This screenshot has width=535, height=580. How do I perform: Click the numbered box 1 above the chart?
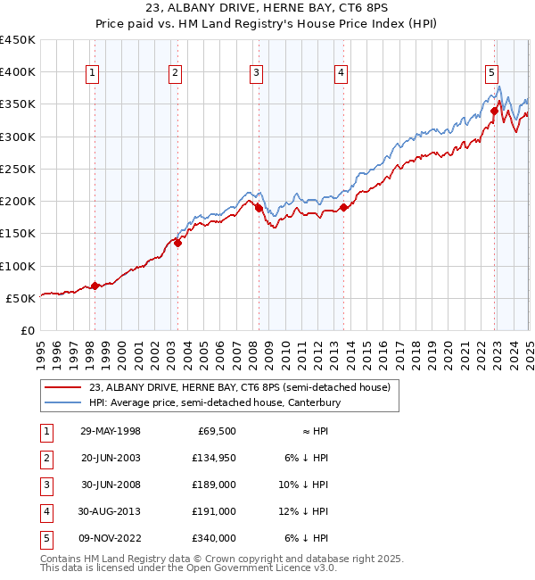coord(94,73)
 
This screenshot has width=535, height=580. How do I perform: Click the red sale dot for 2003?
coord(177,242)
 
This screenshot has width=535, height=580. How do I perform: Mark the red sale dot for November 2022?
coord(494,112)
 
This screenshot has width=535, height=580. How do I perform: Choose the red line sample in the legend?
coord(64,388)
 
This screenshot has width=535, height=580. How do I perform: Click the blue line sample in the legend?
coord(64,403)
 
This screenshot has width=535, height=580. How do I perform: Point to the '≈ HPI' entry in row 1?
coord(309,431)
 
